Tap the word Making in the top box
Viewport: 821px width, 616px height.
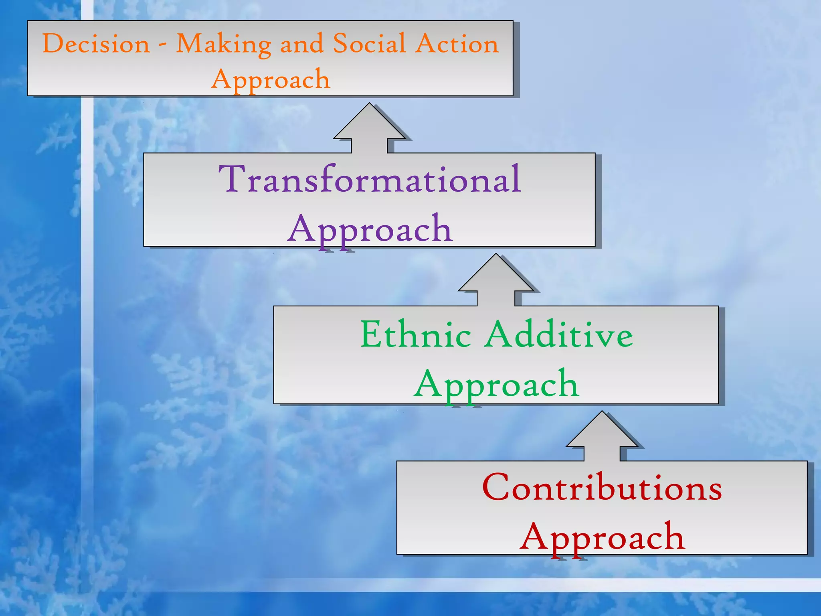[x=224, y=44]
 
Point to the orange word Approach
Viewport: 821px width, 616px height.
[x=271, y=79]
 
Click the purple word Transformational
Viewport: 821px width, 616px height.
[x=370, y=179]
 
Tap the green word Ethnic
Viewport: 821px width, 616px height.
[x=415, y=334]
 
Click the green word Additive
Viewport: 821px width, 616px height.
[x=559, y=334]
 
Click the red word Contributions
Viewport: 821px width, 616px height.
[x=602, y=488]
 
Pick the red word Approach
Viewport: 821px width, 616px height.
[x=602, y=537]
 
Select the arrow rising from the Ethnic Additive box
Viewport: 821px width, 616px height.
[x=496, y=281]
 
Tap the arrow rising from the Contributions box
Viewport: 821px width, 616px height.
[x=602, y=437]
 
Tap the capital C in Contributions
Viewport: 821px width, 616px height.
[x=496, y=487]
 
